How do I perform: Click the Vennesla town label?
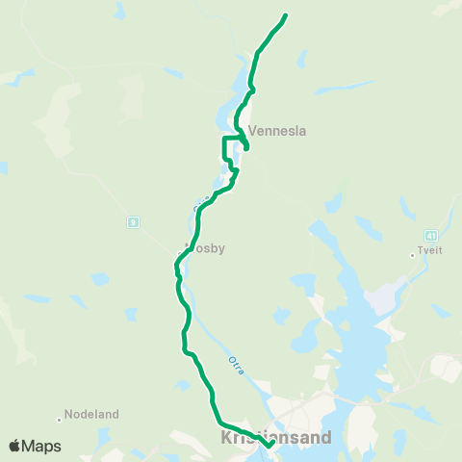(277, 131)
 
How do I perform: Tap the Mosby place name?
(207, 247)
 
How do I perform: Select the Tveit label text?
(429, 254)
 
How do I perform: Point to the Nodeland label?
(91, 415)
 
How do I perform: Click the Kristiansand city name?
(276, 438)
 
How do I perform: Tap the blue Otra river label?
(235, 364)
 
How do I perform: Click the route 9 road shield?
(132, 222)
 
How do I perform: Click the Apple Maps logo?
(35, 446)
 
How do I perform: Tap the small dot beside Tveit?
(412, 254)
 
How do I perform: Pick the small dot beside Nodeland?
(59, 417)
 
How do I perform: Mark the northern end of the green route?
(286, 16)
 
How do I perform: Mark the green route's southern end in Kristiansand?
(269, 445)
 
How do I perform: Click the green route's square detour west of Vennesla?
(225, 149)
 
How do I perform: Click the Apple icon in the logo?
(14, 446)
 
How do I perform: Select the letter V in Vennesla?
(253, 131)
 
